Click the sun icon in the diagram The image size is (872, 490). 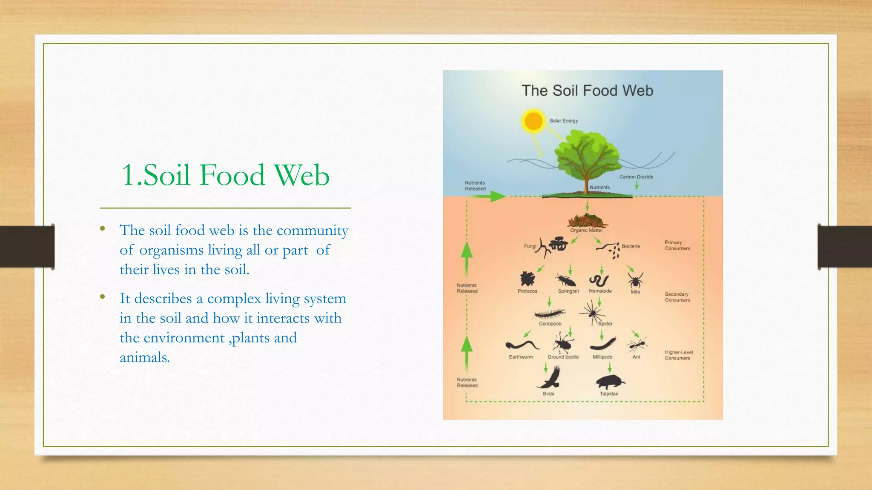point(534,121)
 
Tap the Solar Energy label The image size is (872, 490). point(564,121)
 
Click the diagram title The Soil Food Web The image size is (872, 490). point(587,91)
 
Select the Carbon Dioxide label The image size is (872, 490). point(636,177)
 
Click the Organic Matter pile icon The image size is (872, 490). point(587,220)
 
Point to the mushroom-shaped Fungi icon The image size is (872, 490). point(558,244)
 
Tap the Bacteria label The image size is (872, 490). point(631,246)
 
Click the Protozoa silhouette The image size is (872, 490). point(527,279)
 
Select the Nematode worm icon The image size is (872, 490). point(599,280)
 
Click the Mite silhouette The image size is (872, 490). point(635,280)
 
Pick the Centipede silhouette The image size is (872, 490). point(550,314)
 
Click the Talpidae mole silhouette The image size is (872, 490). point(610,382)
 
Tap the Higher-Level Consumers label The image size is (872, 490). point(678,355)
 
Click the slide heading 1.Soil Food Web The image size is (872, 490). point(225,175)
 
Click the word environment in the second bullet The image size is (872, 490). point(184,338)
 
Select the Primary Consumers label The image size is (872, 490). point(677,245)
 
